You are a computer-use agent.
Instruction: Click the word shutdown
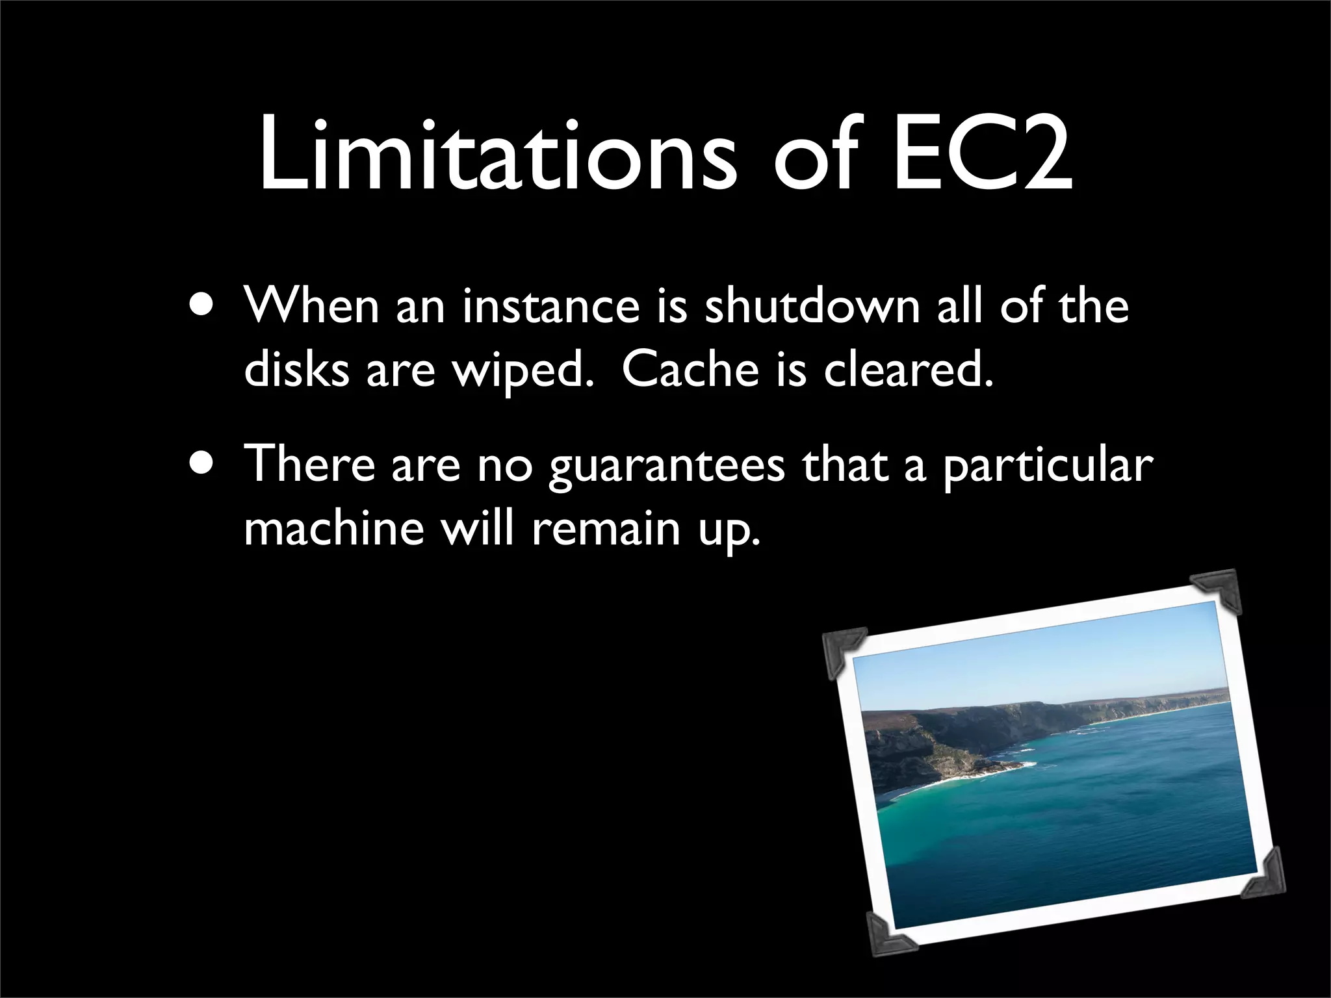812,306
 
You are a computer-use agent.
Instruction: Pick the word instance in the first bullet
551,306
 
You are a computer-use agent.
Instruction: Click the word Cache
690,370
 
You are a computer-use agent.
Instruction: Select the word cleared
909,370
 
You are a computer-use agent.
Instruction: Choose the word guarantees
667,467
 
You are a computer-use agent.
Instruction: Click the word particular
1048,467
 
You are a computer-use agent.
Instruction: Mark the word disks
296,370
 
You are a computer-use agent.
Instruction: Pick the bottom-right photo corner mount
1265,874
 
